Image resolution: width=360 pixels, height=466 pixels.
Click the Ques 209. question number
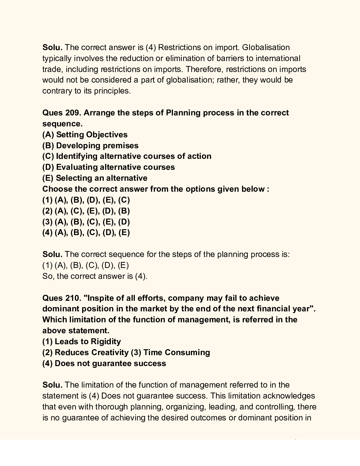[62, 113]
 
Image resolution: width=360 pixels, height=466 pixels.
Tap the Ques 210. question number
[62, 298]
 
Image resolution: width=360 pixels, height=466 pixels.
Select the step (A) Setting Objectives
[85, 135]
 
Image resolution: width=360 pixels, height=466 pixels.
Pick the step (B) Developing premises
[90, 145]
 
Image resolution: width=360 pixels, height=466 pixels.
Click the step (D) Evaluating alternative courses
[108, 167]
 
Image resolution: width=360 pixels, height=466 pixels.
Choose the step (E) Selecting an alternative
[95, 178]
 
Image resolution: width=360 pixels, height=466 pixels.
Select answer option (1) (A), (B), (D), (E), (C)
[86, 200]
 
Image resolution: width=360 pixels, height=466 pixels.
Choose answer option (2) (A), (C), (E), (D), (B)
[86, 211]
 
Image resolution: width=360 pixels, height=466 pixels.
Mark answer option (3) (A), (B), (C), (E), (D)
[86, 222]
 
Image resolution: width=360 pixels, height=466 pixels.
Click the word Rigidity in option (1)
[106, 341]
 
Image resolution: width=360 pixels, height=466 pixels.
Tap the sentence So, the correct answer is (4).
[95, 276]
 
